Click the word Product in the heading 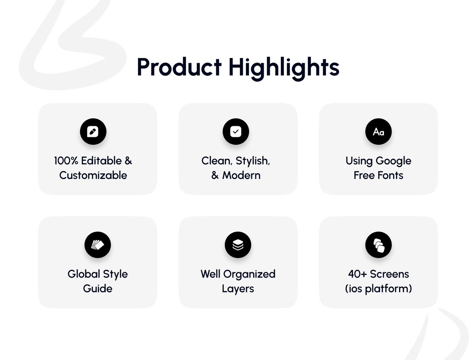(179, 67)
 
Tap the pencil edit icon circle (93, 131)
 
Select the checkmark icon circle (236, 131)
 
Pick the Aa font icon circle (378, 131)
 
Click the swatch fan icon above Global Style (98, 245)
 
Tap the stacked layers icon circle (238, 245)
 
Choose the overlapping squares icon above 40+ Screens (378, 245)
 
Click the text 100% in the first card (66, 161)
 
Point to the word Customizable (93, 175)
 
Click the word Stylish (253, 161)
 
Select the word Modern (241, 175)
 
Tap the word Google (393, 161)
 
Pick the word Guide (98, 289)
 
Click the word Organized (249, 274)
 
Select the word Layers (238, 289)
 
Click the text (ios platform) (378, 289)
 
